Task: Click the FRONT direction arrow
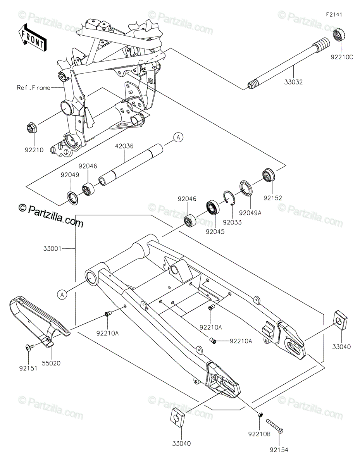(32, 38)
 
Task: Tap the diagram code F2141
(334, 15)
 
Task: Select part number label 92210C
(342, 57)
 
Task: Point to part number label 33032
(293, 82)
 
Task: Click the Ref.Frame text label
(34, 88)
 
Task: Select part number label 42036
(124, 146)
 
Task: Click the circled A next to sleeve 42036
(178, 138)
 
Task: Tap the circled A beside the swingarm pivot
(62, 294)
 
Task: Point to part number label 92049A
(250, 213)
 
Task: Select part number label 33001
(52, 249)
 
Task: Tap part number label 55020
(51, 363)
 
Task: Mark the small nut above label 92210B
(260, 415)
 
